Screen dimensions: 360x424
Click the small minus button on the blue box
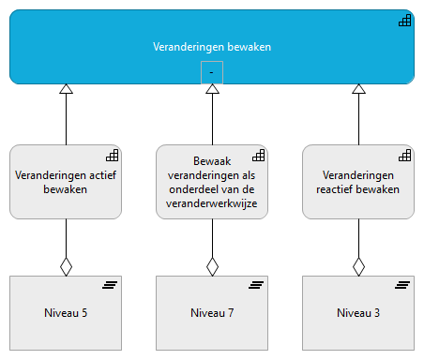212,72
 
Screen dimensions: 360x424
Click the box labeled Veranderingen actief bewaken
66,182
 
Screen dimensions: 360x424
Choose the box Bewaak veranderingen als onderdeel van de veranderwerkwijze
212,182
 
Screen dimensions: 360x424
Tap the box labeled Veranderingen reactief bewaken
357,182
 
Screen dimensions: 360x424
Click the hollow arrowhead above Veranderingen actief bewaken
66,89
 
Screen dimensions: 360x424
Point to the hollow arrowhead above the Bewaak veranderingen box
212,89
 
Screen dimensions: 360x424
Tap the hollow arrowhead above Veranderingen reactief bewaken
357,89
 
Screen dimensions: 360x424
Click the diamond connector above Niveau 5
66,266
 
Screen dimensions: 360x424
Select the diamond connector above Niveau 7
212,266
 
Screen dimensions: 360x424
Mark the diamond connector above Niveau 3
357,266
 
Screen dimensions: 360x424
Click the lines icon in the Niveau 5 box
111,285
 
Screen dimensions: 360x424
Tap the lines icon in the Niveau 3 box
402,285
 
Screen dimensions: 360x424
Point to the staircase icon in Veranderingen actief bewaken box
111,155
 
